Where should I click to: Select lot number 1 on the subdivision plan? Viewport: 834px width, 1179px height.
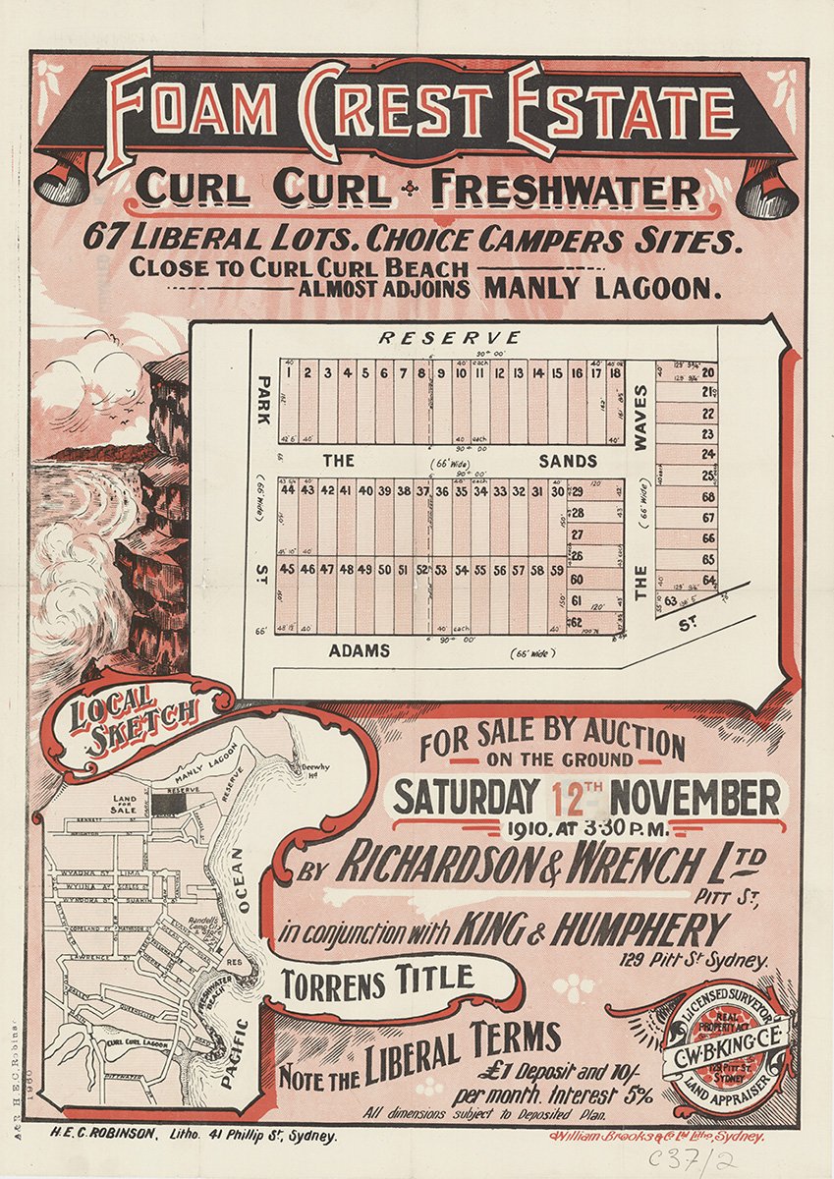coord(290,373)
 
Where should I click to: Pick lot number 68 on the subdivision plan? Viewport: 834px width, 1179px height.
coord(708,497)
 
